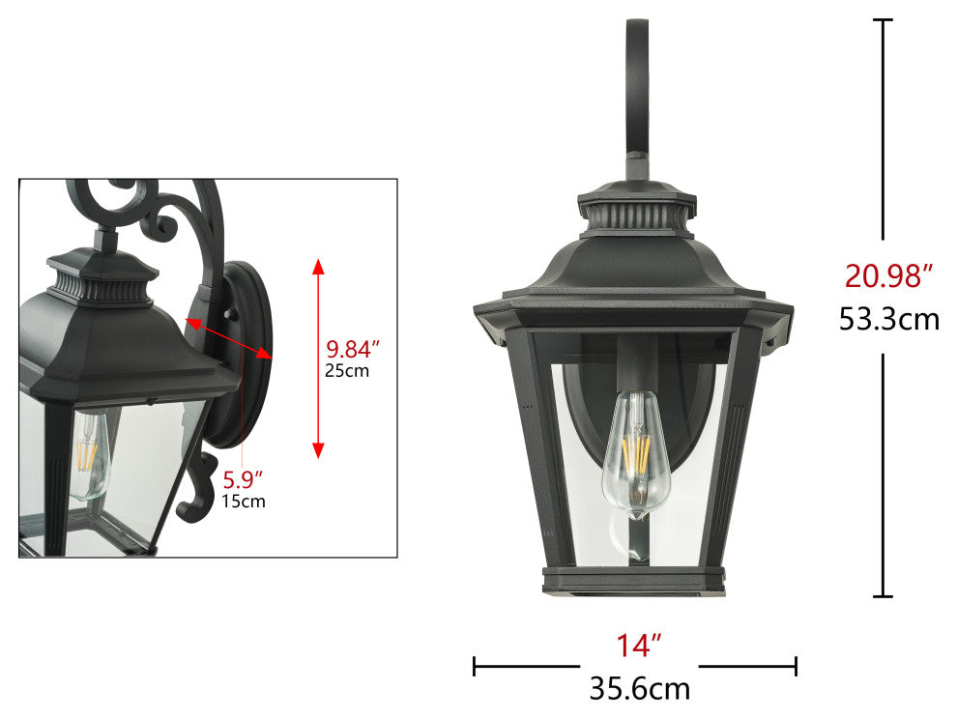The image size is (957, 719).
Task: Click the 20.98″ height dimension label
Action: click(888, 275)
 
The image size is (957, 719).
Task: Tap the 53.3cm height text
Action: click(888, 319)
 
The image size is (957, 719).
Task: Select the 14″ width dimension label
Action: click(638, 646)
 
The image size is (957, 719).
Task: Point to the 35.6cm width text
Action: click(640, 689)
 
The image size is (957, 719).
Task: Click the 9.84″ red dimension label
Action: click(352, 349)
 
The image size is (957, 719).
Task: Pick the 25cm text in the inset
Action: click(347, 370)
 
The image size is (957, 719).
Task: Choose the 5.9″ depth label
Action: click(242, 480)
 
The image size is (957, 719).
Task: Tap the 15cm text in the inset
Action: click(244, 502)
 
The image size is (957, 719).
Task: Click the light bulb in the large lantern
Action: click(636, 454)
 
